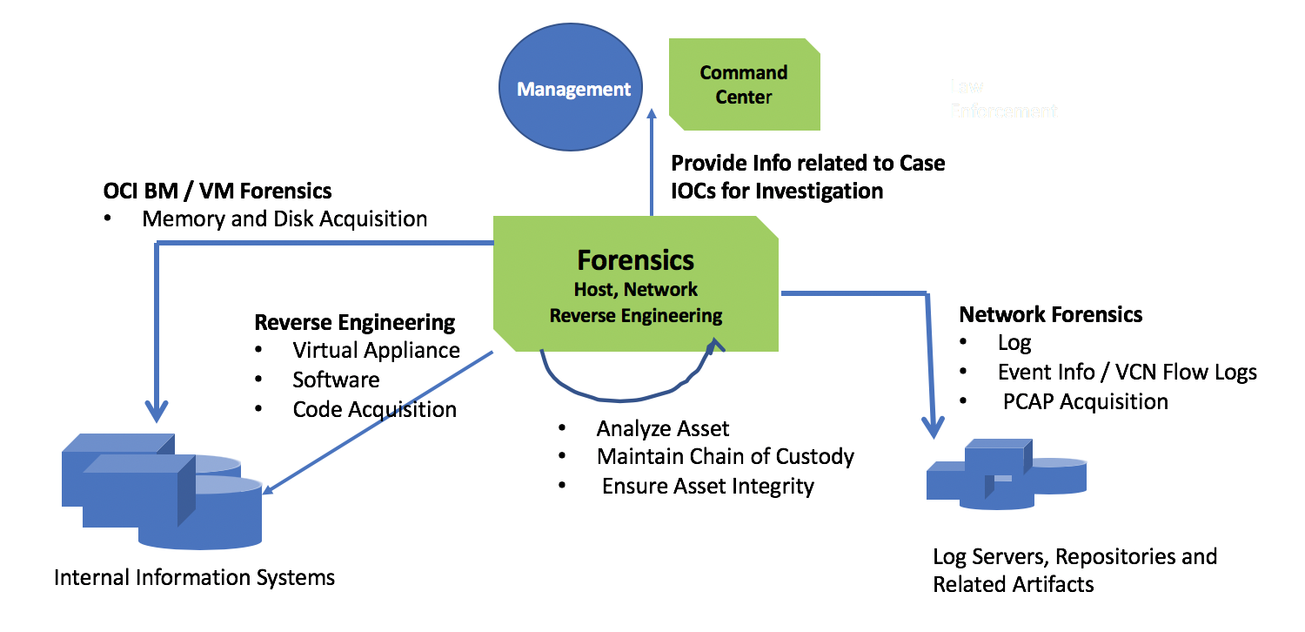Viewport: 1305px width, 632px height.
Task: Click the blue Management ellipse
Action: coord(573,89)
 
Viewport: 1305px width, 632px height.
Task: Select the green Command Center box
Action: coord(744,84)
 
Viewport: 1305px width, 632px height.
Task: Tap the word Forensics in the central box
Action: coord(635,259)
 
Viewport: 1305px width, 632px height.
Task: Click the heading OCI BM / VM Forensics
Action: coord(217,190)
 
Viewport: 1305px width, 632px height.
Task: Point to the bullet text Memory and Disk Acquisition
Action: coord(284,219)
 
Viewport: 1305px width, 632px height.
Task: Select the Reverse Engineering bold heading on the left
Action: coord(354,322)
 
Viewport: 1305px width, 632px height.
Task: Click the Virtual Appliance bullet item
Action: coord(376,350)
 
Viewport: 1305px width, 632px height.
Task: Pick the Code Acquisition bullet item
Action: coord(374,409)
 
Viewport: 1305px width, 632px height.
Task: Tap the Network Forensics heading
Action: coord(1050,314)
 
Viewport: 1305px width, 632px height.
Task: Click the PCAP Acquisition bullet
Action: coord(1085,401)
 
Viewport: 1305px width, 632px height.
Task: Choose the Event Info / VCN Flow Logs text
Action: coord(1127,373)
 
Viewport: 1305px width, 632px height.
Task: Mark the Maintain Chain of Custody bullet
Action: coord(725,456)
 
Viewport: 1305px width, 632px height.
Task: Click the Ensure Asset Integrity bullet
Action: coord(707,486)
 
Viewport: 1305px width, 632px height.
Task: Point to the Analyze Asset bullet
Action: coord(662,427)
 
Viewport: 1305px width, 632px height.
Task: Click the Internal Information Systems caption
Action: coord(194,577)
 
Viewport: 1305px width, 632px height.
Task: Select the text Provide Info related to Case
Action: coord(807,163)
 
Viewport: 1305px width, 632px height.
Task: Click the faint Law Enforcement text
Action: coord(1002,99)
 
